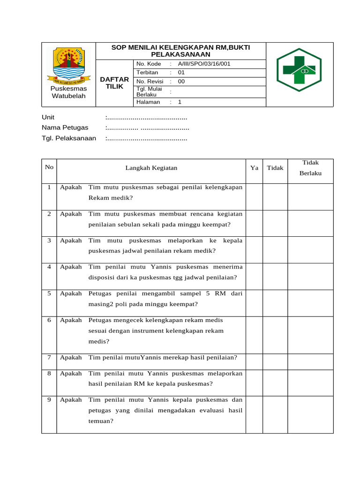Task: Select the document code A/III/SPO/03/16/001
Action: click(x=204, y=64)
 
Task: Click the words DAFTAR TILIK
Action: click(x=114, y=83)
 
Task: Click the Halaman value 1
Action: click(x=180, y=102)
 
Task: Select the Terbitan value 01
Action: click(x=181, y=73)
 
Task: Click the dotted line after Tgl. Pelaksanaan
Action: click(x=147, y=138)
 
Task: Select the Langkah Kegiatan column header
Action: click(x=151, y=168)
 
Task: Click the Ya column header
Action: click(x=254, y=168)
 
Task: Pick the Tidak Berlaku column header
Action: click(x=310, y=168)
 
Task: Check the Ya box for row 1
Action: click(x=254, y=196)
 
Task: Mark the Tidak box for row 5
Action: click(x=275, y=301)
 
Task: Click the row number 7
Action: click(x=49, y=357)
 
